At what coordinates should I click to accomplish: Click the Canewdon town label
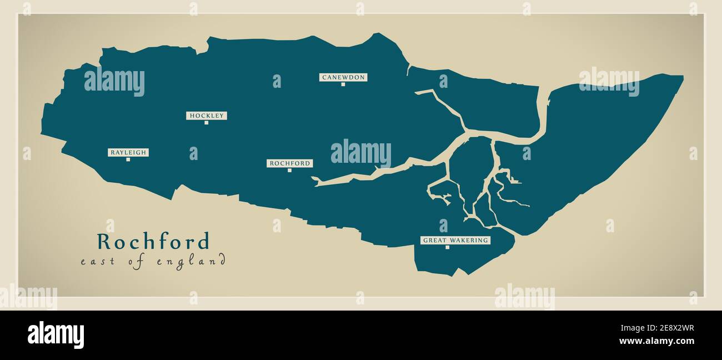[343, 77]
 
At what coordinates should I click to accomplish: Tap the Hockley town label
[207, 116]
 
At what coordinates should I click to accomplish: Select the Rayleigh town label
[128, 152]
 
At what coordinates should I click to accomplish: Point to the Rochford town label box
[289, 163]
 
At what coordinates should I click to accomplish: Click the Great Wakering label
[455, 240]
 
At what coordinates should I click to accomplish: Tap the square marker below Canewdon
[343, 84]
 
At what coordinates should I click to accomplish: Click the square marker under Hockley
[206, 123]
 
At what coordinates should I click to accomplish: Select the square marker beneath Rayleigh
[128, 159]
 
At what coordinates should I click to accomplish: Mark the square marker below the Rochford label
[289, 170]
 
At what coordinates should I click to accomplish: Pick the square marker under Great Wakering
[447, 247]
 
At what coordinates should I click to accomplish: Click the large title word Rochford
[153, 242]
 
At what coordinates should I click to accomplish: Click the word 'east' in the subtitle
[98, 261]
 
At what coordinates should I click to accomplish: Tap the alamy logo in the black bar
[56, 335]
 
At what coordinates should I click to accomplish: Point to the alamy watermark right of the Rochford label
[361, 153]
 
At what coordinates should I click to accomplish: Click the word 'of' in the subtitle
[137, 262]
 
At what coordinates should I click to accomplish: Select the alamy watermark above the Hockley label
[114, 82]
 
